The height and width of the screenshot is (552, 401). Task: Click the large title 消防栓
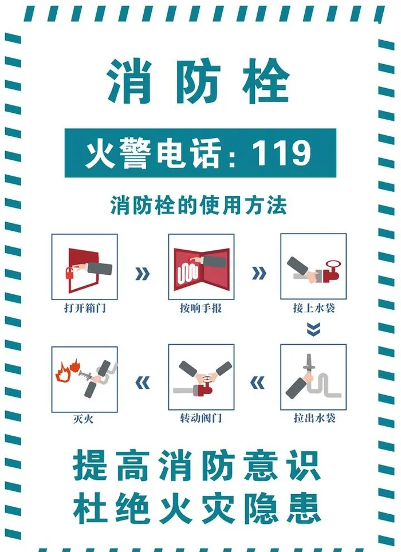click(198, 81)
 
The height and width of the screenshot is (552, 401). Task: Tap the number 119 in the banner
click(281, 153)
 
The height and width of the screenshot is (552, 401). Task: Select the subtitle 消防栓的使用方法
click(199, 206)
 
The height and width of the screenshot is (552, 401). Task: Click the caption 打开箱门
click(85, 308)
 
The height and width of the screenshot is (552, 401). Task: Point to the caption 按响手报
click(200, 308)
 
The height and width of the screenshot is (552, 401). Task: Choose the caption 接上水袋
click(314, 308)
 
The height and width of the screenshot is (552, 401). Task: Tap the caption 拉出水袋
click(314, 418)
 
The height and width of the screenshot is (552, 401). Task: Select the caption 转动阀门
click(201, 418)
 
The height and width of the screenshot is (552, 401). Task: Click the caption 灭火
click(84, 419)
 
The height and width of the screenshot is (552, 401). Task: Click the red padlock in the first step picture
click(70, 273)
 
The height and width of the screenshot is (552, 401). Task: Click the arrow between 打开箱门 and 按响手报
click(143, 273)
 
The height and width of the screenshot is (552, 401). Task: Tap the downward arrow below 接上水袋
click(313, 329)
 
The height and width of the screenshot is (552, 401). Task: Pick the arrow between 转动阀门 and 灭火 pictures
click(143, 383)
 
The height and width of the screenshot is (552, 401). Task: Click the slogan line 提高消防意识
click(197, 465)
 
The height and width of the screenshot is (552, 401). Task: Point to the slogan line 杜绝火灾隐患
click(197, 508)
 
